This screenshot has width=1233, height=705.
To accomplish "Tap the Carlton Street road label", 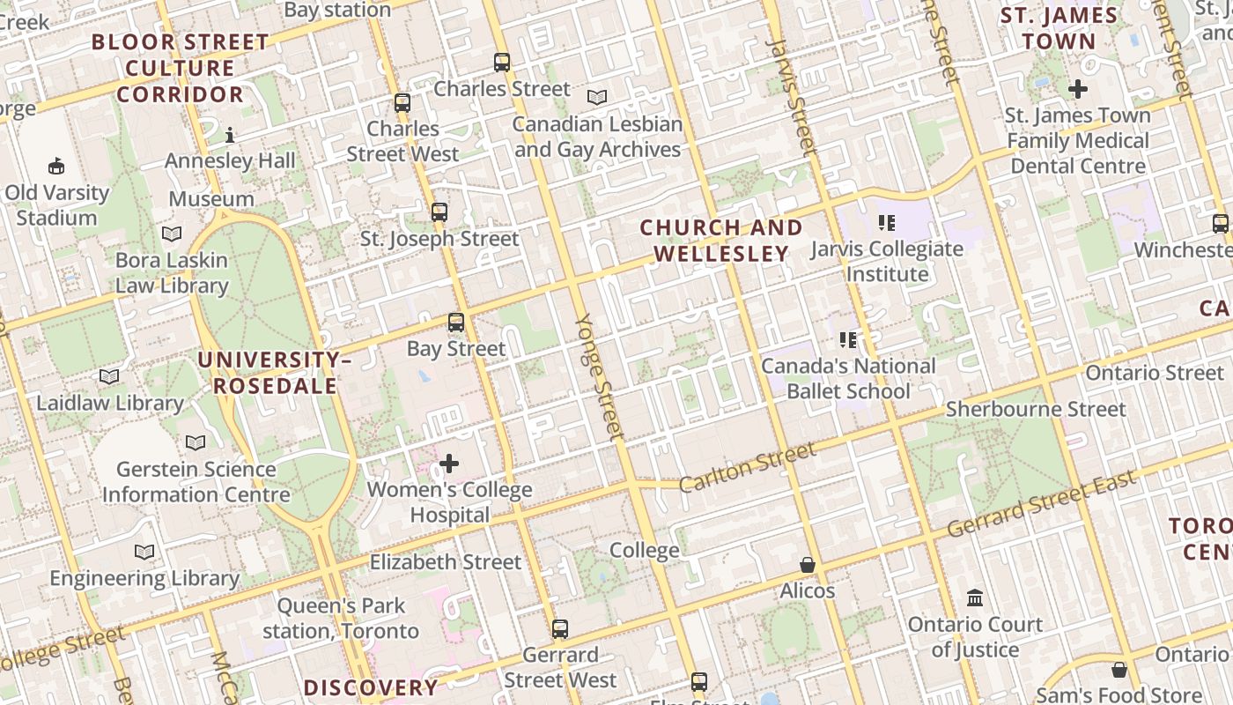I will coord(749,466).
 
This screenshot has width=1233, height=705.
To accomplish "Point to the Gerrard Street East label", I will coord(1042,505).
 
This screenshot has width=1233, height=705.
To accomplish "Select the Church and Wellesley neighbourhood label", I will coord(721,241).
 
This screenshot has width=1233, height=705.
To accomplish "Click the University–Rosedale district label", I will coord(274,373).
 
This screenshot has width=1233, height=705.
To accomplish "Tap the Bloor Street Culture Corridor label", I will coord(181,68).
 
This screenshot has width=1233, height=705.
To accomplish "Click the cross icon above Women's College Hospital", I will coord(449,464).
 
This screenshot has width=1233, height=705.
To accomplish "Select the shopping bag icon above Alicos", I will coord(807,565).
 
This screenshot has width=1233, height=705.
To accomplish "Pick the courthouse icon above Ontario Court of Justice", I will coord(975,598).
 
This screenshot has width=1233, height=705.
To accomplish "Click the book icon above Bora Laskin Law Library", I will coord(172,234).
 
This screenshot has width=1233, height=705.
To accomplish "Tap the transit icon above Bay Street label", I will coord(455,323).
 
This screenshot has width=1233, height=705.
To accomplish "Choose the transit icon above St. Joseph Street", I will coord(439,212).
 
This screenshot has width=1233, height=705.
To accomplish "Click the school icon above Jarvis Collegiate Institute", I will coord(886,223).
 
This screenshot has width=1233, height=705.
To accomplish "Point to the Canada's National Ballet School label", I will coord(848,378).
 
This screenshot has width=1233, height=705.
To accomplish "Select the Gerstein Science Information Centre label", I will coord(196,481).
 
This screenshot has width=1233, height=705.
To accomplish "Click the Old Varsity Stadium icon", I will coord(56,166).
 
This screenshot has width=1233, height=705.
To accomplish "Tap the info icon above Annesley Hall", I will coord(230,135).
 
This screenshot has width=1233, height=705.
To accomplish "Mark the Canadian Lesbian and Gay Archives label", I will coord(597,137).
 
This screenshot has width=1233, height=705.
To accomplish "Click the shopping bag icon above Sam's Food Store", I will coord(1119,670).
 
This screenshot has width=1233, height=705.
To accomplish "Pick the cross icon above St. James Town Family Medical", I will coord(1077,89).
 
